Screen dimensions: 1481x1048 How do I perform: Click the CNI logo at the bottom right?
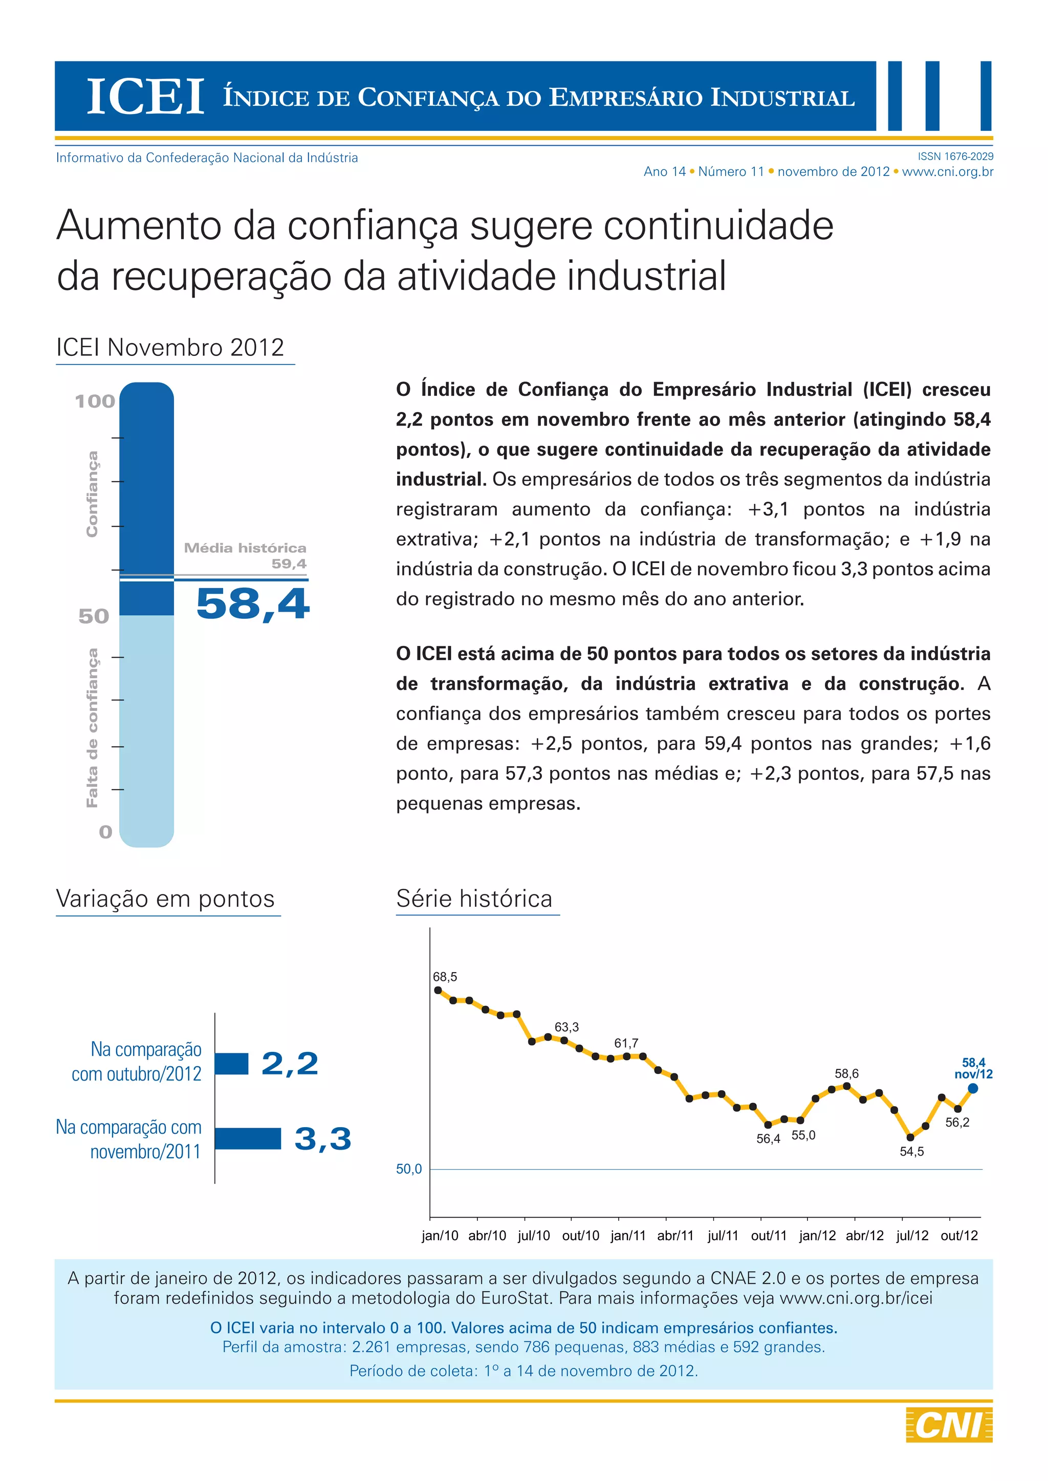949,1425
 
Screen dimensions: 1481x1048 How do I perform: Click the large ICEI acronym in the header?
145,97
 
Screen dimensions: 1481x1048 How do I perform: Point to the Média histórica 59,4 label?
245,555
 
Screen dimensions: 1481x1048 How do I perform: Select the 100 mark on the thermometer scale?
95,401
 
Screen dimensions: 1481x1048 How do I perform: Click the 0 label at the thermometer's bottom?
105,832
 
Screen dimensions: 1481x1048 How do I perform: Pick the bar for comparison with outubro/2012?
232,1064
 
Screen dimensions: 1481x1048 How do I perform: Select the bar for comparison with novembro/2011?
248,1138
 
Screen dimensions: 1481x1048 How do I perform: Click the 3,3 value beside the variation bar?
323,1138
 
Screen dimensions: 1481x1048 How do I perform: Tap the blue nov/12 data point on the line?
973,1089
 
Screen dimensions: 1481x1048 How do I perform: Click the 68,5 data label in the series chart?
445,977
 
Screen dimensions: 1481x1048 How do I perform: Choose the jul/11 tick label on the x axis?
723,1236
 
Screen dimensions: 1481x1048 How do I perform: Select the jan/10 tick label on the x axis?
440,1236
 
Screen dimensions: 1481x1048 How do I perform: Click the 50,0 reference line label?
409,1170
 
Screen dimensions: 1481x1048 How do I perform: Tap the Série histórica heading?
474,899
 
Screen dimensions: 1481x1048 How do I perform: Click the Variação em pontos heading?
166,899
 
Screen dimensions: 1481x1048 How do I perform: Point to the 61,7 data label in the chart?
626,1043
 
